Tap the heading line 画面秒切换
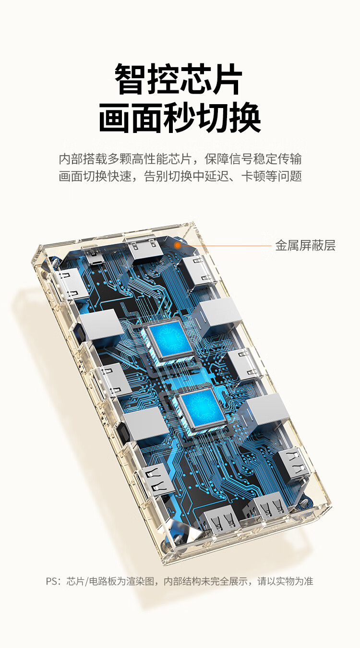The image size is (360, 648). [x=180, y=118]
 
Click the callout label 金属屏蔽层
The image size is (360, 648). [x=305, y=246]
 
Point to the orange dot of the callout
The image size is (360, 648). [x=178, y=246]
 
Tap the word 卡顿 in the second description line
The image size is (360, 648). [x=253, y=176]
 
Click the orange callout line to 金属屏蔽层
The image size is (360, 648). [x=226, y=246]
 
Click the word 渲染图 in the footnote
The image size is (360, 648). [x=140, y=581]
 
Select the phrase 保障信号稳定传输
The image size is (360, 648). [x=253, y=159]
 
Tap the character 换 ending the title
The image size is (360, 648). [x=245, y=118]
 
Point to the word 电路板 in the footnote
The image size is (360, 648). [x=103, y=581]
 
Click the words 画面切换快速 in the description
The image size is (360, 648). [x=95, y=176]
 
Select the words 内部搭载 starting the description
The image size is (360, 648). [x=83, y=159]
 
